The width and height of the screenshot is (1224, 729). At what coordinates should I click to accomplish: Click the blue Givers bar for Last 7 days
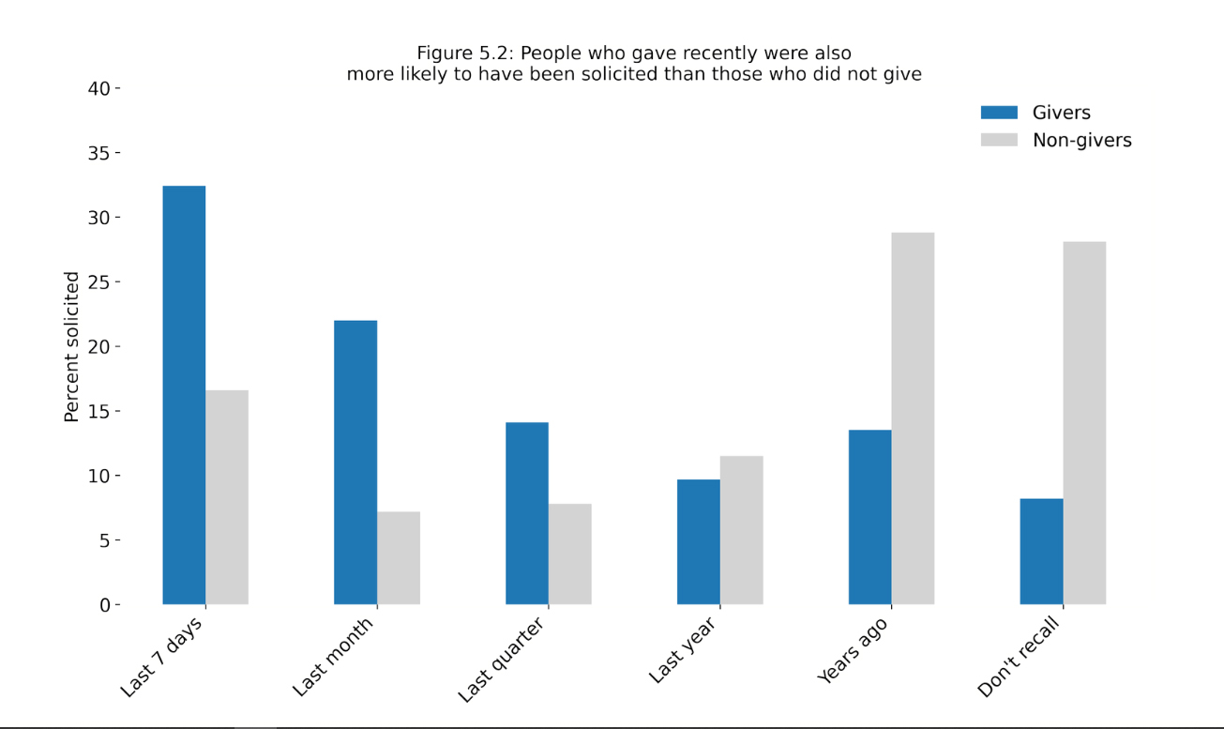[x=184, y=395]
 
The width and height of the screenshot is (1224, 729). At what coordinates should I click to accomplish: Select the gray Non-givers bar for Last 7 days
[x=227, y=497]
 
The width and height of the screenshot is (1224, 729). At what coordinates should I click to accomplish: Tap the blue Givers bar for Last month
[x=355, y=463]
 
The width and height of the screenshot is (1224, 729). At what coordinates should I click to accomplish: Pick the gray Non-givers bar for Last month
[x=399, y=558]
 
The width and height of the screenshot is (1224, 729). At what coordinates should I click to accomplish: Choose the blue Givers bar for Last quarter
[x=527, y=513]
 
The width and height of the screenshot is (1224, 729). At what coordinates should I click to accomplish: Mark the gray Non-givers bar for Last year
[x=742, y=530]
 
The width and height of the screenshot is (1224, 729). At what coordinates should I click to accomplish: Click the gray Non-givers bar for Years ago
[x=913, y=418]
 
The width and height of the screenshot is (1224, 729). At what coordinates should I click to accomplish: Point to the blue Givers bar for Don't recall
[x=1041, y=552]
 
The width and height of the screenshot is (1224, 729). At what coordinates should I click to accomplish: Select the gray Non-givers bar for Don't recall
[x=1084, y=423]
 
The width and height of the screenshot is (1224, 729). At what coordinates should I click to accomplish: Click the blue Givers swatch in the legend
[x=999, y=113]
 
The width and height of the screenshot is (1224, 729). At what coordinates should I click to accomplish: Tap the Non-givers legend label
[x=1081, y=140]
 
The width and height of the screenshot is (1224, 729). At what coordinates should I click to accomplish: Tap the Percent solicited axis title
[x=72, y=346]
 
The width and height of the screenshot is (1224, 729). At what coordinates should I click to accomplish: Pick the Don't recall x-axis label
[x=1020, y=657]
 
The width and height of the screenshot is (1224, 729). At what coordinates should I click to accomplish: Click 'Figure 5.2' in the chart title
[x=461, y=53]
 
